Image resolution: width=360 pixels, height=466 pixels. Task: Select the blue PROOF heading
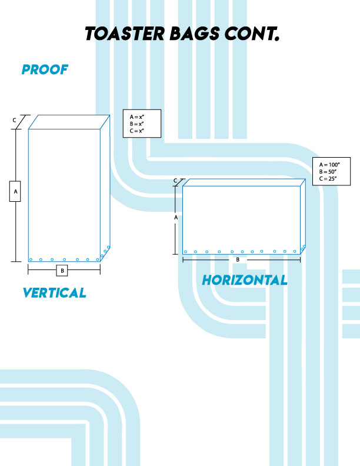point(45,70)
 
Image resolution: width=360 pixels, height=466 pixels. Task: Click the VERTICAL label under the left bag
point(54,292)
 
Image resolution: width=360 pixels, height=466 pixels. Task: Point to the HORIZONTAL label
point(245,281)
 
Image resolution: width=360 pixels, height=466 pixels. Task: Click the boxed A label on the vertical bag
point(15,192)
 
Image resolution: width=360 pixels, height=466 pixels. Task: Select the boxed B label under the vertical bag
point(62,271)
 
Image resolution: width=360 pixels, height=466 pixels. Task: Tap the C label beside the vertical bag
point(15,120)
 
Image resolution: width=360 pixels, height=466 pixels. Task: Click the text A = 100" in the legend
point(327,164)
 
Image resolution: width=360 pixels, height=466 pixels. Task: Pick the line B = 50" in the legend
point(326,171)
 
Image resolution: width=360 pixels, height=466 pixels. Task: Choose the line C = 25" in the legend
point(326,178)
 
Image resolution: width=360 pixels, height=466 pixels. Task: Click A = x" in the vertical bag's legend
point(137,117)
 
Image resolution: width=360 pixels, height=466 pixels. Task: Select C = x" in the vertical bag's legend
point(137,131)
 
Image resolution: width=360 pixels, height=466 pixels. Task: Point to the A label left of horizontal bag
point(176,217)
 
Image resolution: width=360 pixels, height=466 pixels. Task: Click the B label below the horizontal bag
point(238,259)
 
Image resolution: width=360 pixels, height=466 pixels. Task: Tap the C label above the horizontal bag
point(175,180)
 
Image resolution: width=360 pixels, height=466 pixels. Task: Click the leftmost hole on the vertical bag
point(31,259)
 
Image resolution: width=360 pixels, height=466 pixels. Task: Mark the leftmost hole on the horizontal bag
point(185,252)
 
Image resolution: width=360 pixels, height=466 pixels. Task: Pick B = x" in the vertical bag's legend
point(137,124)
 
